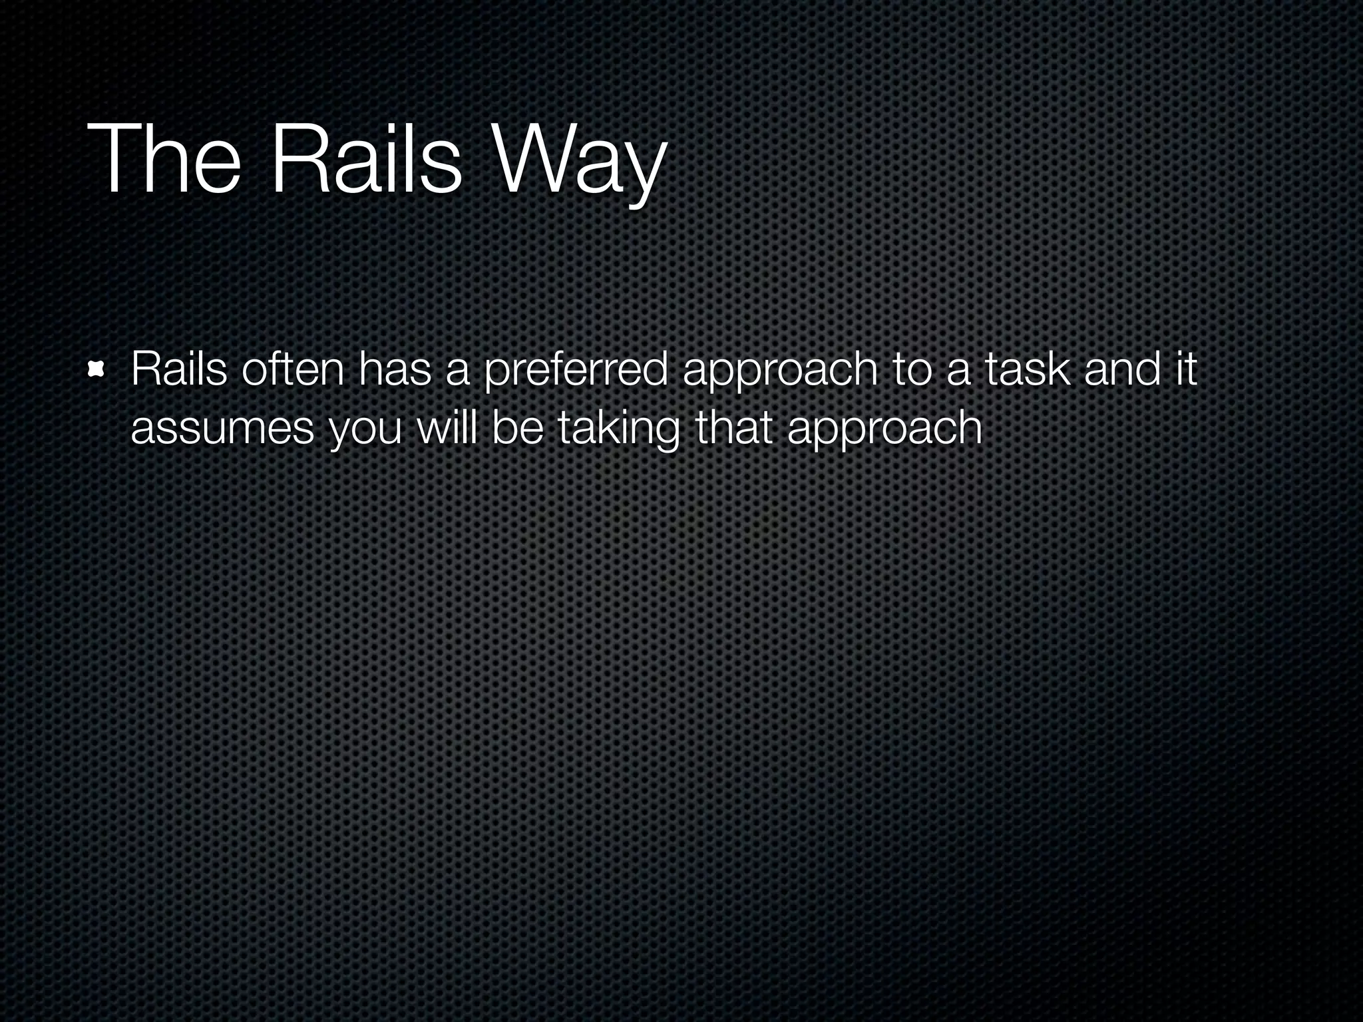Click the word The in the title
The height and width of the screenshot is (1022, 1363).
(x=163, y=162)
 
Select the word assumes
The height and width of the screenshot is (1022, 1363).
(x=222, y=428)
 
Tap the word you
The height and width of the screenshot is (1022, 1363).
(x=366, y=431)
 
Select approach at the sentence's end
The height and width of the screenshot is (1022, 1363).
(x=884, y=431)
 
